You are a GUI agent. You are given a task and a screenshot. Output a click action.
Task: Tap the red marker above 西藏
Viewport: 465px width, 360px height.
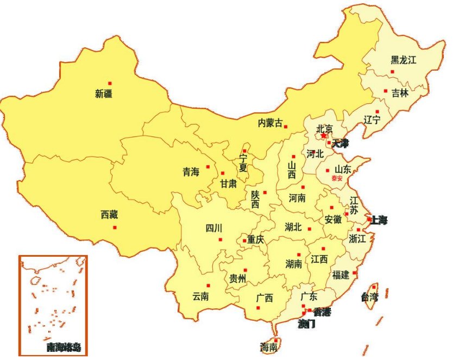(x=115, y=227)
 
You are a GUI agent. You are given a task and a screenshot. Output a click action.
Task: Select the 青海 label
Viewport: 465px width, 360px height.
(x=191, y=172)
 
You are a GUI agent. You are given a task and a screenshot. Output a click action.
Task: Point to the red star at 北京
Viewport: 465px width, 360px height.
(x=324, y=135)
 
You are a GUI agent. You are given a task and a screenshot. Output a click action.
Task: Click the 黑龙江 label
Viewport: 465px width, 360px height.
(x=403, y=60)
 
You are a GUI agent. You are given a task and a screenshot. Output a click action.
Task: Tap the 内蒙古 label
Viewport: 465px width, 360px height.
(x=270, y=123)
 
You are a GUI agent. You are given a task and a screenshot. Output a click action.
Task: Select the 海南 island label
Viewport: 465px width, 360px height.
(x=269, y=347)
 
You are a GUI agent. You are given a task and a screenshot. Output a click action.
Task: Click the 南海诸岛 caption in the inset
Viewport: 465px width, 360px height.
(x=64, y=347)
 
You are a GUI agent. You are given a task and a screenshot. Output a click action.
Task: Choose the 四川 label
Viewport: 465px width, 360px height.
(x=213, y=228)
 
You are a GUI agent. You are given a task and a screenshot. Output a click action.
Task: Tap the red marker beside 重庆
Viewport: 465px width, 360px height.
(x=244, y=240)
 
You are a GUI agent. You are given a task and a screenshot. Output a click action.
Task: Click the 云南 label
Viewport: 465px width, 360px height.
(x=200, y=296)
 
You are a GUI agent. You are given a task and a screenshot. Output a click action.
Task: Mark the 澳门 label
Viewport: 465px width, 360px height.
(x=306, y=324)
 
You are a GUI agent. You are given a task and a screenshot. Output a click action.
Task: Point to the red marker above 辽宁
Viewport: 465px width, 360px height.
(x=376, y=111)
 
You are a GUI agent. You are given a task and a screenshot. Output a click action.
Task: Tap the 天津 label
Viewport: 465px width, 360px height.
(x=341, y=144)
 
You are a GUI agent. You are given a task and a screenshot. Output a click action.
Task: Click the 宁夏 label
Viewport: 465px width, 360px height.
(x=243, y=163)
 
